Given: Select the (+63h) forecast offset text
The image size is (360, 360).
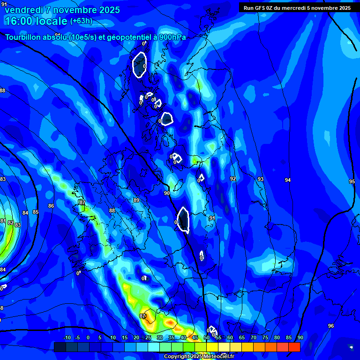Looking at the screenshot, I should click(81, 21).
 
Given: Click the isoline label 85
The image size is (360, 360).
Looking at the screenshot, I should click(36, 212).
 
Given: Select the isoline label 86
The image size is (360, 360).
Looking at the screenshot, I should click(51, 206).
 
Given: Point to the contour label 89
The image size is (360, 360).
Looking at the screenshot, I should click(136, 200).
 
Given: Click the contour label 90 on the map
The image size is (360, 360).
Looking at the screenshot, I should click(166, 193).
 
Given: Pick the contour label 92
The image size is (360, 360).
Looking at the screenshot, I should click(233, 179).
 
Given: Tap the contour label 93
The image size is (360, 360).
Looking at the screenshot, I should click(261, 179).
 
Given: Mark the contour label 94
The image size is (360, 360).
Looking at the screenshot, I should click(288, 180).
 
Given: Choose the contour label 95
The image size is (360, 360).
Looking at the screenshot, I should click(352, 181).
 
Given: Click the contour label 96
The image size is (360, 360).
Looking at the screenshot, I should click(331, 326).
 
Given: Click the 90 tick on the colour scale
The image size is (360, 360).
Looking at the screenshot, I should click(300, 337).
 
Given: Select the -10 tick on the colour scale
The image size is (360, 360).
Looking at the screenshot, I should click(67, 337).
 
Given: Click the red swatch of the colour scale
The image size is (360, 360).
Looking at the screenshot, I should click(294, 347).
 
